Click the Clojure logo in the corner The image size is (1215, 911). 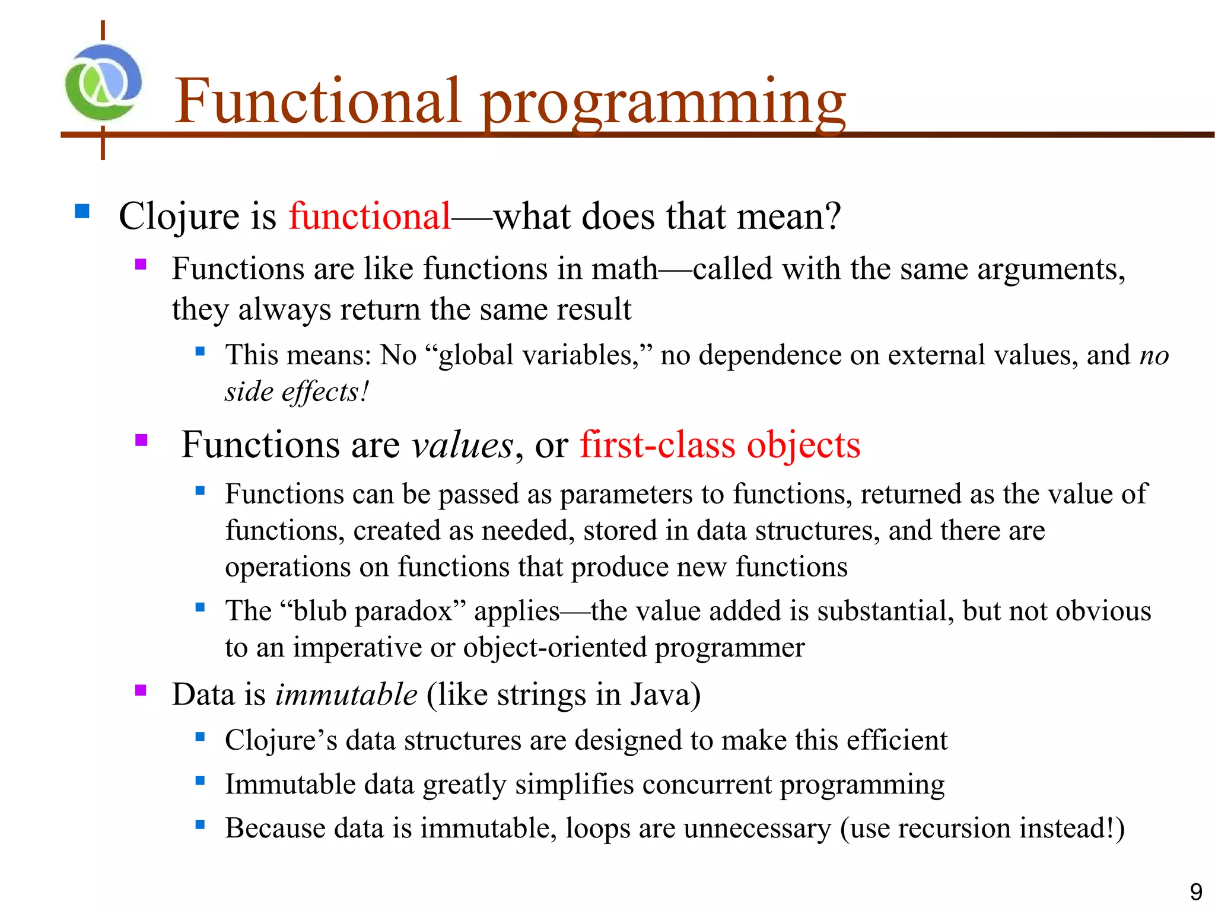coord(103,83)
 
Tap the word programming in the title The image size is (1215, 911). coord(663,104)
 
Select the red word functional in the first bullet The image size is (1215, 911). coord(370,215)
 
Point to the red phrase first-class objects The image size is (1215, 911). coord(720,445)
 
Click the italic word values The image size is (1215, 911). coord(462,445)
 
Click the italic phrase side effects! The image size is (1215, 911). coord(297,391)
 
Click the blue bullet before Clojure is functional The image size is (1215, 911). coord(82,211)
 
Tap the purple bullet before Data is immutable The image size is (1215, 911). coord(141,690)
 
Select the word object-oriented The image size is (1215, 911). coord(555,647)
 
